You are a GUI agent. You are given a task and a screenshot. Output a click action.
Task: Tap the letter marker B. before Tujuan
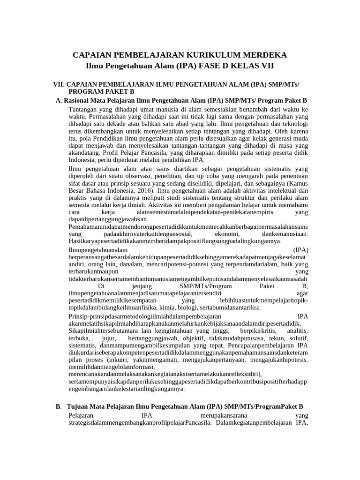59,406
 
